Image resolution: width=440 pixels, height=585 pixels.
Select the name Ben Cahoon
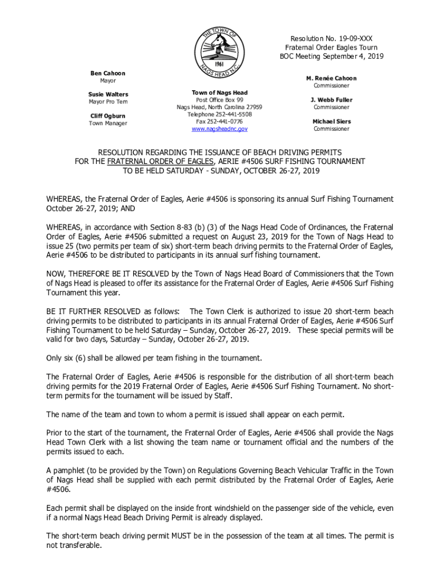[107, 74]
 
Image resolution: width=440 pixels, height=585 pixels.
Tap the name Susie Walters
[108, 94]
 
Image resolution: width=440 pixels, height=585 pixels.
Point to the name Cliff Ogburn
[108, 116]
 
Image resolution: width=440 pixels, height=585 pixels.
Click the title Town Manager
[108, 123]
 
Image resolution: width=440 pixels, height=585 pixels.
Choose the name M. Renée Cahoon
[331, 78]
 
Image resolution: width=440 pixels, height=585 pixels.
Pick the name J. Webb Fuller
[331, 100]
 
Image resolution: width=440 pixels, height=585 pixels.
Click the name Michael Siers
[331, 122]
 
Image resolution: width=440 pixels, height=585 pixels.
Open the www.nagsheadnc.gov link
[219, 129]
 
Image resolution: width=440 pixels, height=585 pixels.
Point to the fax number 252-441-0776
[226, 122]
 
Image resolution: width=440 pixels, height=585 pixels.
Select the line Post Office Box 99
[219, 99]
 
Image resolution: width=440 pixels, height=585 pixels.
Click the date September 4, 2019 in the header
[355, 57]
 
